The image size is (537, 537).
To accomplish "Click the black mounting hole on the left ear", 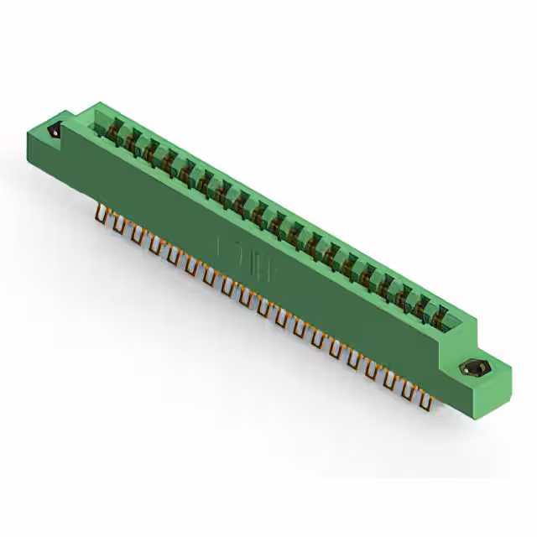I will (56, 132).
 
